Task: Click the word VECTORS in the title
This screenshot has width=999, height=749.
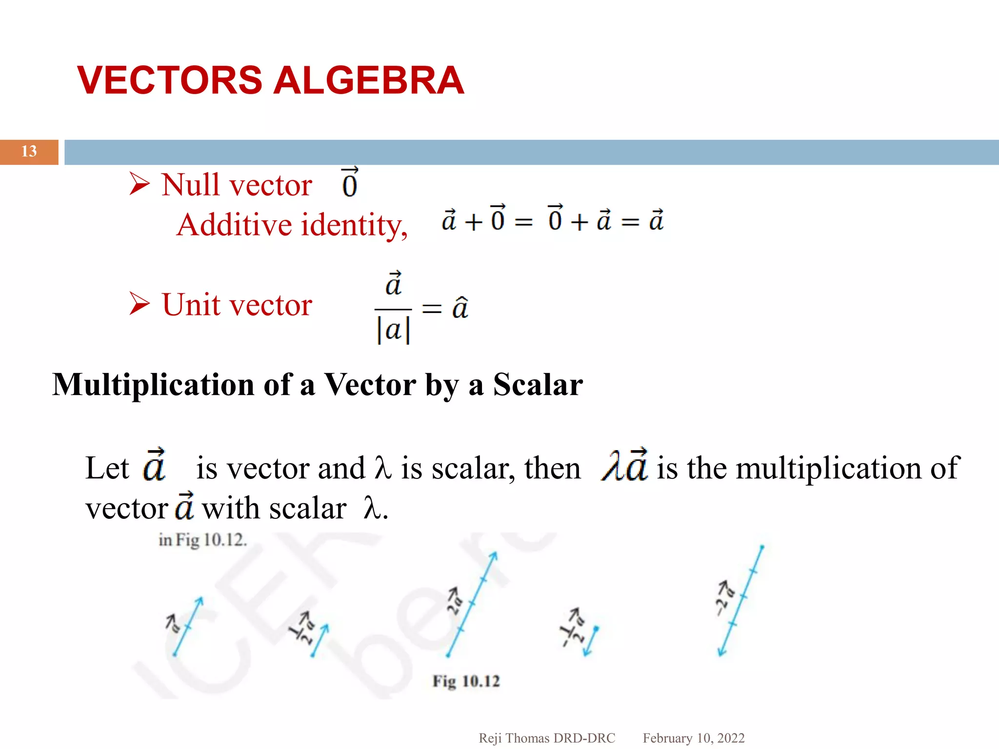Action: coord(170,80)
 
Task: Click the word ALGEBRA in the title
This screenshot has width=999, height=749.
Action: coord(368,80)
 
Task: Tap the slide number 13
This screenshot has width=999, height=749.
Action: coord(29,152)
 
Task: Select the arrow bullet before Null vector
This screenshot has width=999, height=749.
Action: coord(140,184)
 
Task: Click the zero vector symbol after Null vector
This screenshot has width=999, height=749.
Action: coord(350,183)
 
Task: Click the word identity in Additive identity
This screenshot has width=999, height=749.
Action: coord(354,225)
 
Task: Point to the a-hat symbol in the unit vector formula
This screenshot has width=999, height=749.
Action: coord(460,307)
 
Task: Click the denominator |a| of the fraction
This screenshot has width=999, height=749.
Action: coord(393,330)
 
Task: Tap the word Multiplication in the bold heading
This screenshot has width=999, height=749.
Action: coord(153,385)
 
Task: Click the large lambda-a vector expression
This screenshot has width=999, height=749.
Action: coord(625,465)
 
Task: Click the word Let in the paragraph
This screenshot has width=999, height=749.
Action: coord(107,468)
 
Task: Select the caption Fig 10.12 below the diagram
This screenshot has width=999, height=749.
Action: coord(466,681)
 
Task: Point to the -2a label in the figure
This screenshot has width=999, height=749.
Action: coord(724,598)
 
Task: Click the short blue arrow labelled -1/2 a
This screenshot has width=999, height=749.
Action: coord(592,641)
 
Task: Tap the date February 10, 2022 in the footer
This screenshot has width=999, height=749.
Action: coord(693,738)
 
